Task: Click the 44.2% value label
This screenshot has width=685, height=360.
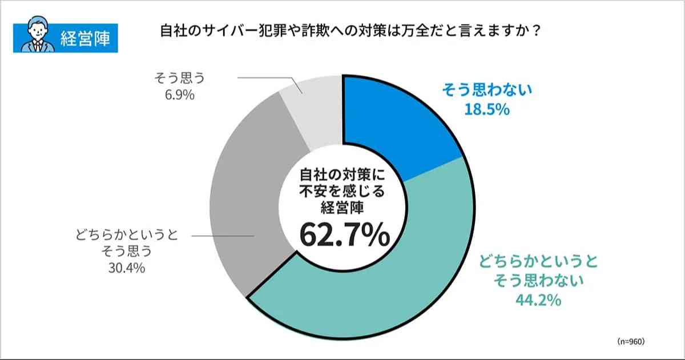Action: click(538, 299)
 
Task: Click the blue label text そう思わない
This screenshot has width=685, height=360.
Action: click(486, 90)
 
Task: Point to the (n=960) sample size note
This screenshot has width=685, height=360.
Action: click(631, 341)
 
